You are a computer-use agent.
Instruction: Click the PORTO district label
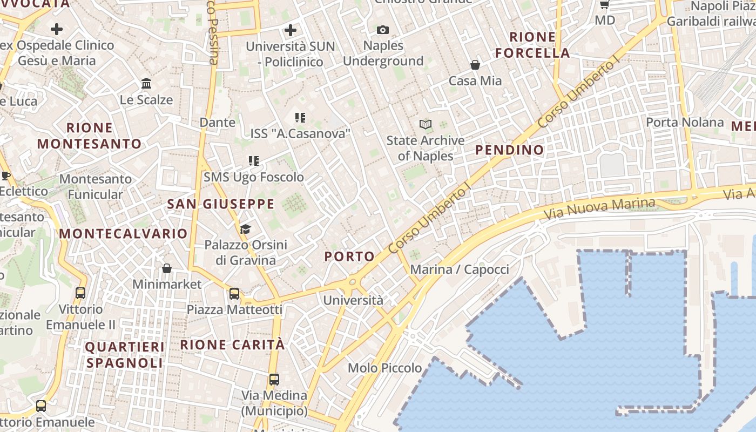[x=349, y=256]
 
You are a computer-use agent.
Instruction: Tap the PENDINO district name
[x=509, y=150]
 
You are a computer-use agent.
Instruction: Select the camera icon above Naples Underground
[x=383, y=30]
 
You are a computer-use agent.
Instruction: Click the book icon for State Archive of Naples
[x=426, y=125]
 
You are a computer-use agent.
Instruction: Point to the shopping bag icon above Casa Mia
[x=475, y=65]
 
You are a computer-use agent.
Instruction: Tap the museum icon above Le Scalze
[x=146, y=84]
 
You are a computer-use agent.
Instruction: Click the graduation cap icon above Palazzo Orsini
[x=246, y=230]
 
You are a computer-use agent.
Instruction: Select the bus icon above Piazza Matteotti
[x=234, y=294]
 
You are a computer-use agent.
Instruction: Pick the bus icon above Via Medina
[x=274, y=380]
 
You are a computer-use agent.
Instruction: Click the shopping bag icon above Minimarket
[x=167, y=268]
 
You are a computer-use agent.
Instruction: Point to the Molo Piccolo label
[x=385, y=368]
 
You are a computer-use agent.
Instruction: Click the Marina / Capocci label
[x=460, y=269]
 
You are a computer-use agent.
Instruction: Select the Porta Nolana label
[x=685, y=123]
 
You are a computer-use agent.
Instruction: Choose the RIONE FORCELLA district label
[x=532, y=45]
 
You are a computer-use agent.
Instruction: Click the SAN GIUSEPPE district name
[x=221, y=204]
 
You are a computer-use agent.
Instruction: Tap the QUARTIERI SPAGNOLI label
[x=125, y=355]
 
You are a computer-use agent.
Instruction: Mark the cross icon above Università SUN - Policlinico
[x=291, y=30]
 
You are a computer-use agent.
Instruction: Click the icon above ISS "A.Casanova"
[x=300, y=118]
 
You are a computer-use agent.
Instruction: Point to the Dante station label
[x=218, y=123]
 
